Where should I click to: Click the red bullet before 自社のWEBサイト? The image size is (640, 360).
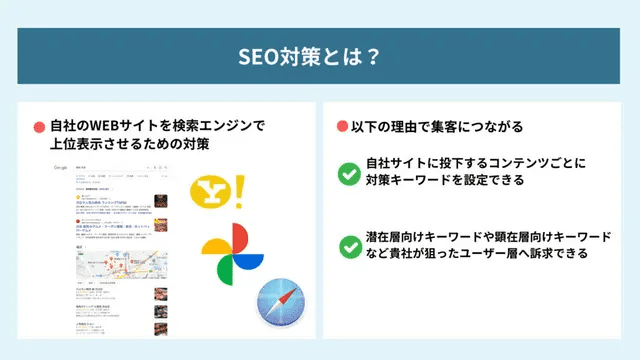[39, 127]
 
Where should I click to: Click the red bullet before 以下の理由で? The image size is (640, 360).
[340, 127]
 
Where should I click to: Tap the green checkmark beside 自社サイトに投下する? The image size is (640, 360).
[349, 173]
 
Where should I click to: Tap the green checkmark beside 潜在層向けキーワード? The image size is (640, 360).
[349, 245]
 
